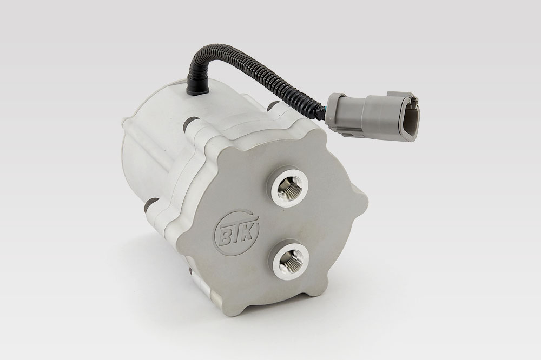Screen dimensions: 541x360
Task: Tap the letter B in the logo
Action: click(x=226, y=237)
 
